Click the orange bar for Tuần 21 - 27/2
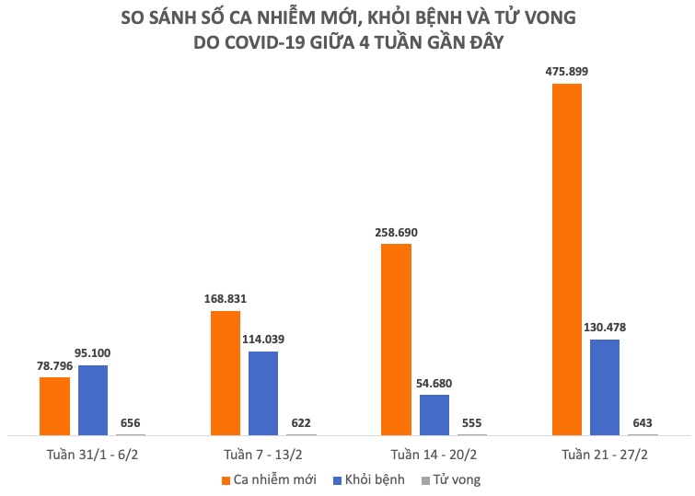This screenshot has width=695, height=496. click(x=566, y=259)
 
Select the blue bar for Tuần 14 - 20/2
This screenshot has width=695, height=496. click(x=434, y=414)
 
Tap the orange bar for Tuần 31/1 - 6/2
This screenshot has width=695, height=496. click(x=54, y=405)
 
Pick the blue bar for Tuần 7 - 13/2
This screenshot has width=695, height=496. click(x=263, y=392)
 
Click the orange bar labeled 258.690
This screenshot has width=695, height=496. click(x=396, y=339)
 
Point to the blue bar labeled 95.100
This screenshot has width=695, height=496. click(x=93, y=399)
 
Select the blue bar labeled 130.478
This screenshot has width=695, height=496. click(x=605, y=386)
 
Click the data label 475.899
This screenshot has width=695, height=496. click(x=567, y=70)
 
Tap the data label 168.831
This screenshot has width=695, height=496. click(x=226, y=298)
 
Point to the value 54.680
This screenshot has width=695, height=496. click(x=434, y=383)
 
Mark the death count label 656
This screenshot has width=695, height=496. click(x=131, y=422)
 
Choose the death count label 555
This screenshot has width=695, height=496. click(x=472, y=422)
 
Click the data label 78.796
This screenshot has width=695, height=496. click(x=54, y=364)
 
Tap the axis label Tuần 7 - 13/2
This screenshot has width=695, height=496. click(x=263, y=455)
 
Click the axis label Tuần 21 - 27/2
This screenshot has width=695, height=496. click(x=605, y=455)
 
